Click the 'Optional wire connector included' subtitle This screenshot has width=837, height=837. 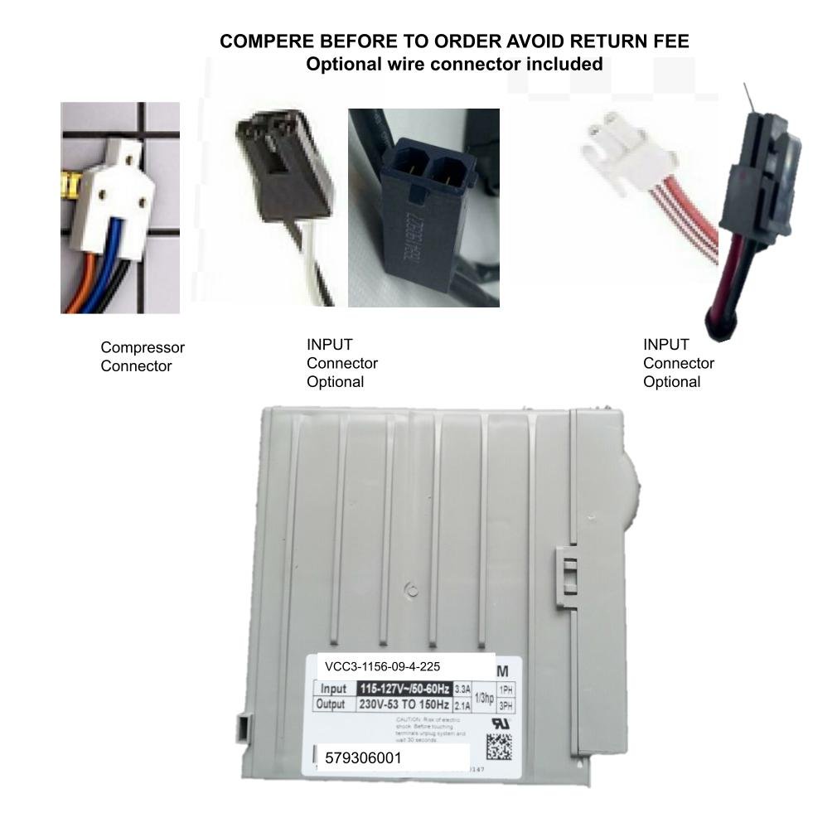coord(454,64)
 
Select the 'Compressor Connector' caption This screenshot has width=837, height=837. coord(142,356)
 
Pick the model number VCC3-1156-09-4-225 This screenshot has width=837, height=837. coord(382,665)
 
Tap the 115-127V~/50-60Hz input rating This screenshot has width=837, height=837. coord(404,689)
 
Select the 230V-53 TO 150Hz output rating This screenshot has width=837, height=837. coord(404,704)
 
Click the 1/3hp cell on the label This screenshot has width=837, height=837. coord(483,697)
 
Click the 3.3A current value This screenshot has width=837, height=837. coord(462,689)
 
